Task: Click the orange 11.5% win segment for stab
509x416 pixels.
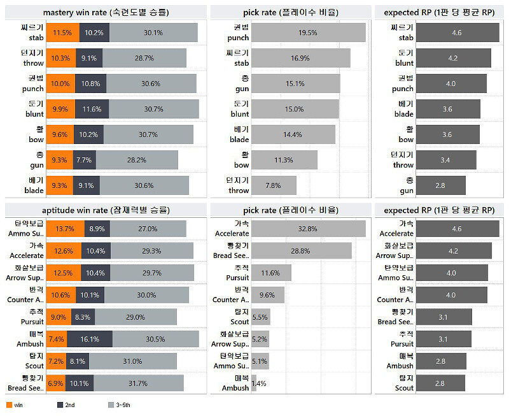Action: coord(62,32)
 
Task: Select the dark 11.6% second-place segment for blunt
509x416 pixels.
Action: coord(91,109)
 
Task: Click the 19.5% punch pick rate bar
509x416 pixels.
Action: coord(308,32)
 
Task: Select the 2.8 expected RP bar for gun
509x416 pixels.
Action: coord(440,185)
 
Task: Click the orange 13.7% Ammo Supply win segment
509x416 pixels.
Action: coord(65,229)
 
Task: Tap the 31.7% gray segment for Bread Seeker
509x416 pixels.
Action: coord(137,383)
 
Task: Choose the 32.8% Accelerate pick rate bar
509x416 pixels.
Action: coord(308,229)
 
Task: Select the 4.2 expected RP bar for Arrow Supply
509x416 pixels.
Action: coord(453,251)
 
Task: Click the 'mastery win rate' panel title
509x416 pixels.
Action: coord(106,12)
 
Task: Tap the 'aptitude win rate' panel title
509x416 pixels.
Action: coord(106,210)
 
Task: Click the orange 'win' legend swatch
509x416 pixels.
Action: coord(9,405)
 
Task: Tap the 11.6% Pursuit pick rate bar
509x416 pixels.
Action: coord(271,273)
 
